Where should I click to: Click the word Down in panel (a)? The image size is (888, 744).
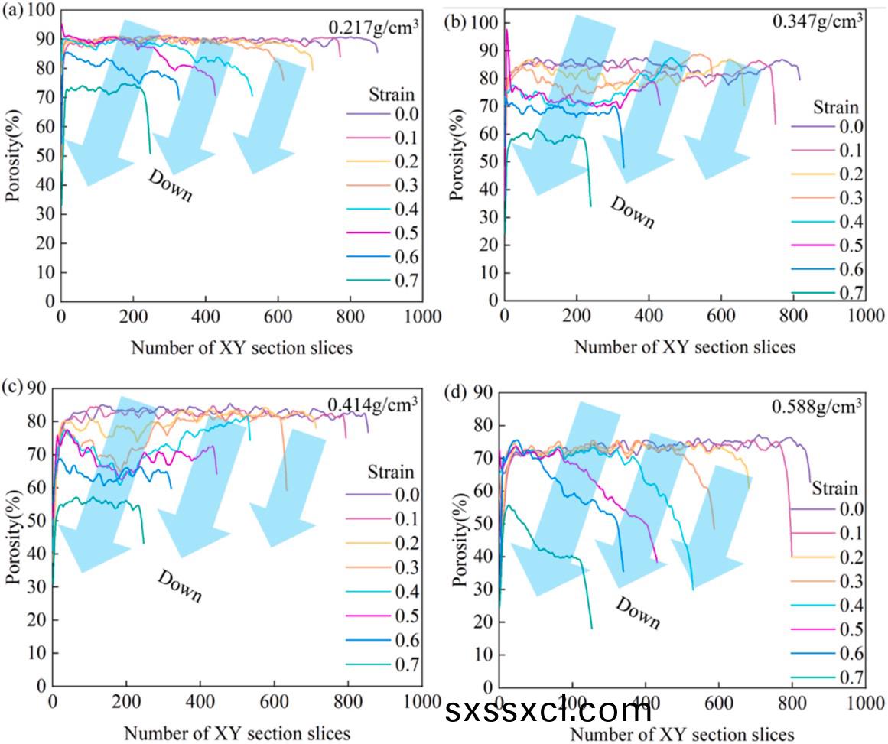click(x=169, y=185)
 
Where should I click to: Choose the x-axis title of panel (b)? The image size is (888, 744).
click(x=685, y=346)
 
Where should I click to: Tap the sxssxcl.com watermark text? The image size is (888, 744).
click(x=548, y=711)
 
